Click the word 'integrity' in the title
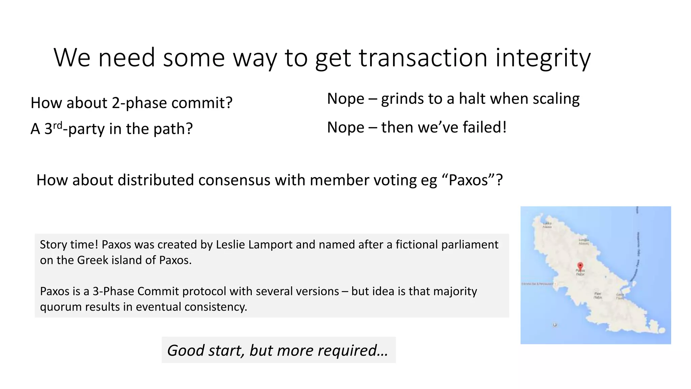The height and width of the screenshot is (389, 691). [x=543, y=58]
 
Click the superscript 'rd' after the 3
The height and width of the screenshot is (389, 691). [x=58, y=125]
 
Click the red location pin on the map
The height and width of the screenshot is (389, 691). [x=580, y=266]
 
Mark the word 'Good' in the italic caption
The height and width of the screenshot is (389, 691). [x=186, y=350]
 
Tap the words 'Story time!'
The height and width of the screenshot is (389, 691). [x=69, y=244]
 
